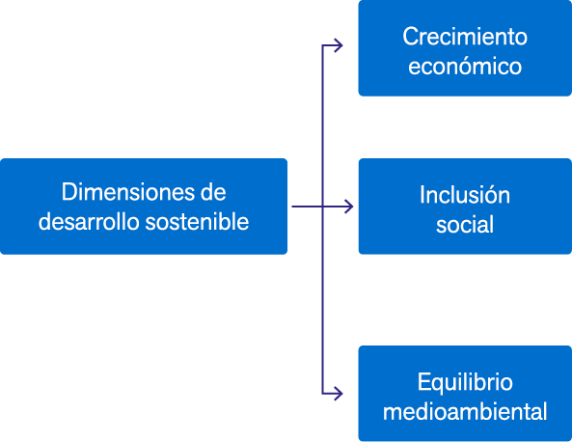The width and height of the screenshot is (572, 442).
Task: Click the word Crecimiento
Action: pos(465,37)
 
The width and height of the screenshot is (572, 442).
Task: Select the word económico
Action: pos(465,66)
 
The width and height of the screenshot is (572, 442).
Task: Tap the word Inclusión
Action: pos(465,194)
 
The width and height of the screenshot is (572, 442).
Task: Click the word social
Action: pos(465,224)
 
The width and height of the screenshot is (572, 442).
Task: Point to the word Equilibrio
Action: pos(465,382)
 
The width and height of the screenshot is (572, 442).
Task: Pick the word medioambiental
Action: pos(465,411)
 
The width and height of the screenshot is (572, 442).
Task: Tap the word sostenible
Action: pos(197,221)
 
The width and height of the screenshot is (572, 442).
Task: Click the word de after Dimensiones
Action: pos(213,192)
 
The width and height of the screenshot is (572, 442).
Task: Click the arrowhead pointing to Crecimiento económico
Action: pos(339,45)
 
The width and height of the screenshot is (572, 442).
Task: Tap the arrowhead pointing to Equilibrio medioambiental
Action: pos(339,394)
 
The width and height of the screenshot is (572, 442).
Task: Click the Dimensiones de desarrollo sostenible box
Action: pos(144,207)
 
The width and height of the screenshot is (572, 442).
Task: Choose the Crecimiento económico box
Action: pos(465,48)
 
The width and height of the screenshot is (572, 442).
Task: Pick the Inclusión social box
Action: pos(465,207)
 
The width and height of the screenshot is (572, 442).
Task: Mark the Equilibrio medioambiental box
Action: pos(465,394)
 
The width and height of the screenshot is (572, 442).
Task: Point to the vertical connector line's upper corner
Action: pos(322,45)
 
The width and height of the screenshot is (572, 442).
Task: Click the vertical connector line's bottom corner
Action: pos(322,394)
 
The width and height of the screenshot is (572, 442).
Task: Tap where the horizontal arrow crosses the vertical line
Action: pos(322,207)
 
